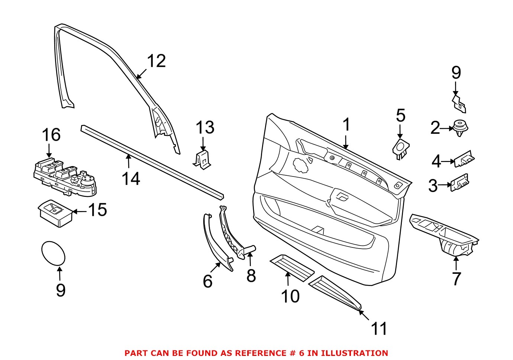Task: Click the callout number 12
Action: coord(156,61)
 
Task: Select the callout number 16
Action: coord(51,135)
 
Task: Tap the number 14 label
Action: coord(131,179)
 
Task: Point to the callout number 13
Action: coord(205,127)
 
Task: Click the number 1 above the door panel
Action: coord(346,125)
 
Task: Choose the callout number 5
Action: coord(400,116)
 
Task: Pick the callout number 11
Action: coord(379,328)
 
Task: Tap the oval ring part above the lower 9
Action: coord(53,253)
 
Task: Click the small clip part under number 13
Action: coord(203,160)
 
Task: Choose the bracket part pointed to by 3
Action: coord(460,183)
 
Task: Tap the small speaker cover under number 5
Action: coord(400,148)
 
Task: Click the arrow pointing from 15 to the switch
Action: coord(79,211)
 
